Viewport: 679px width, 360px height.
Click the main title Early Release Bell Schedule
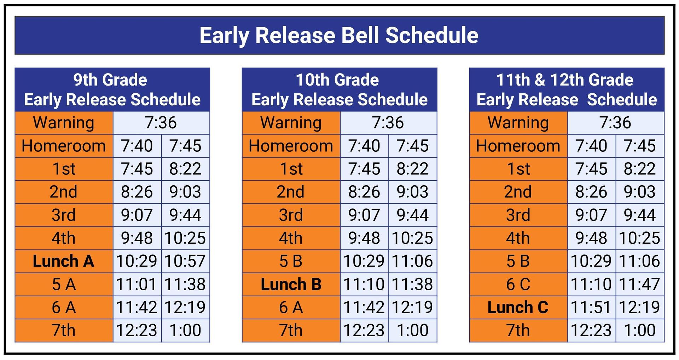(x=339, y=35)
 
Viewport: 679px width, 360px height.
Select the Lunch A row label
(x=64, y=261)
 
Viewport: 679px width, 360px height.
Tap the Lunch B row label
(x=291, y=284)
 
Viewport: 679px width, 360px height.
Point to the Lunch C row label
(x=518, y=307)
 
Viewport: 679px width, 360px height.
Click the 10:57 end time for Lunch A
(x=185, y=261)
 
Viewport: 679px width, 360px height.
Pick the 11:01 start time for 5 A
(x=137, y=284)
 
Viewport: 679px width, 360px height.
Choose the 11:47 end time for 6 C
(x=639, y=284)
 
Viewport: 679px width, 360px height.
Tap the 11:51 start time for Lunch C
(x=591, y=307)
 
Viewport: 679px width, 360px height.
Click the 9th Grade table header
(x=112, y=90)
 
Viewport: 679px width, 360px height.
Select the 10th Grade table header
(x=339, y=90)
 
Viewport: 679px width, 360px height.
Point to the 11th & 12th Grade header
(x=567, y=90)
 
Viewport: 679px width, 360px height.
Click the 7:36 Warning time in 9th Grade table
(x=161, y=123)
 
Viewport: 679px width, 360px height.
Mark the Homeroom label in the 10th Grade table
(x=291, y=146)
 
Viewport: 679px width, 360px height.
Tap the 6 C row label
(x=518, y=284)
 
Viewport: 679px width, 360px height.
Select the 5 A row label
(x=64, y=284)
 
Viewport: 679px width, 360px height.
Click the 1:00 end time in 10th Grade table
(x=412, y=330)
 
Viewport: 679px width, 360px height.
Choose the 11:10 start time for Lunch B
(x=364, y=284)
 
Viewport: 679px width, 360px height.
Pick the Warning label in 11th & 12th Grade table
(x=518, y=123)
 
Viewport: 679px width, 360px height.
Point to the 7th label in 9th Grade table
(x=64, y=330)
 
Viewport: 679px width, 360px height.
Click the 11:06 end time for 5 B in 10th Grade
(x=412, y=261)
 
